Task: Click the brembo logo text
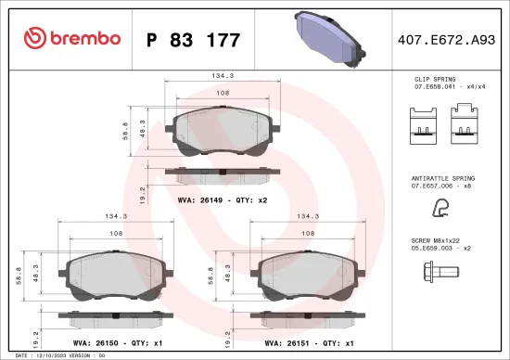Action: [83, 39]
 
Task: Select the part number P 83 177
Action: [193, 40]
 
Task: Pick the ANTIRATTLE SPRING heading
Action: [442, 176]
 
